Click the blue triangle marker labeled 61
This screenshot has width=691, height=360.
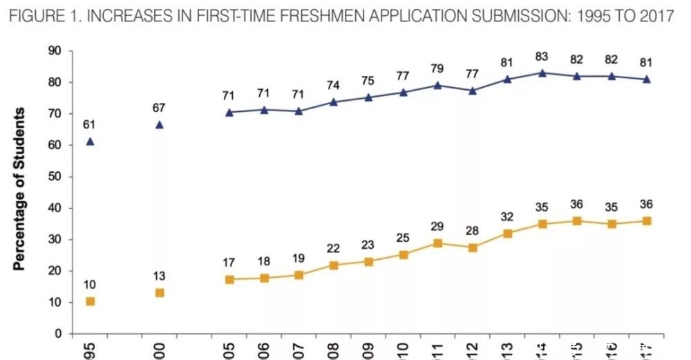coord(90,142)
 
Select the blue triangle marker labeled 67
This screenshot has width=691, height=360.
coord(160,125)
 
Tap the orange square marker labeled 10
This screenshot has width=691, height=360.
coord(90,301)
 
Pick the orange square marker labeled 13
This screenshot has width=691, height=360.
coord(160,292)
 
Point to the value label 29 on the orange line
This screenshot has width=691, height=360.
coord(437,227)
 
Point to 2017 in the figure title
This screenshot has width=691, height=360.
coord(656,17)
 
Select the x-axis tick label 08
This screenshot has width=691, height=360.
coord(333,350)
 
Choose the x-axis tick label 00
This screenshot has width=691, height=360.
coord(160,350)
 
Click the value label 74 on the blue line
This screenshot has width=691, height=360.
coord(333,86)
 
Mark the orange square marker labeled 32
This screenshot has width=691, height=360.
coord(507,234)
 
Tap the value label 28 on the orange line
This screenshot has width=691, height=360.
coord(473,230)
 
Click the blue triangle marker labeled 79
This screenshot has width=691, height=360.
coord(437,86)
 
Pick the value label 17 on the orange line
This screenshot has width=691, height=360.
coord(229,263)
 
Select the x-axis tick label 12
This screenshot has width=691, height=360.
coord(473,350)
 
